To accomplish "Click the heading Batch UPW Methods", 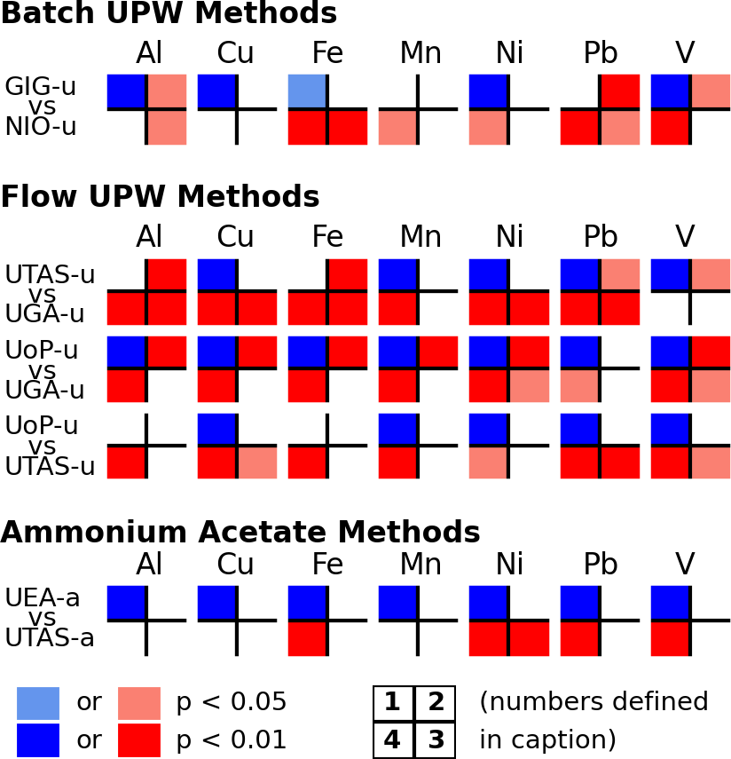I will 169,13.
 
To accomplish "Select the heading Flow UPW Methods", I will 160,195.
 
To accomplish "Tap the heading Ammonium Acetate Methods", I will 240,532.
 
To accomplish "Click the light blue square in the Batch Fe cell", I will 306,91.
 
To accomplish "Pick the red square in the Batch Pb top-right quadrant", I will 620,91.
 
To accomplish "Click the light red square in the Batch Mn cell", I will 397,128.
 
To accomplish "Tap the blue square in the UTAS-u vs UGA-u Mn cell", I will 397,273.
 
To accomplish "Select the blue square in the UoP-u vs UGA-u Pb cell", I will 579,351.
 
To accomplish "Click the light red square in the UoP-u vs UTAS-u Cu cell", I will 258,463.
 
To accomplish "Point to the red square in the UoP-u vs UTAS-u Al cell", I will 126,463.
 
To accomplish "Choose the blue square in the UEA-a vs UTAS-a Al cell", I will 126,602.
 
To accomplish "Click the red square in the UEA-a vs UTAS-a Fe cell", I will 307,638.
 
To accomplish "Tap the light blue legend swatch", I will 38,703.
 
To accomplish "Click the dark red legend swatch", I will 139,739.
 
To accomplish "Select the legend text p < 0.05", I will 232,702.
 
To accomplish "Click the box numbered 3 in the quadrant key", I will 435,739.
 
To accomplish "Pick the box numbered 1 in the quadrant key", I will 393,704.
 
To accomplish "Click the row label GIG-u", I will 40,87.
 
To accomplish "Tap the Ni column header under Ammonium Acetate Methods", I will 509,565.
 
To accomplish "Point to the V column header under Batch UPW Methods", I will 685,53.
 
